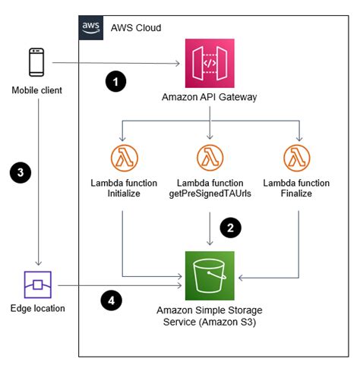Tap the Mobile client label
(37, 91)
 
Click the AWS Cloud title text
(135, 27)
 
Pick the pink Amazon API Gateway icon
(208, 63)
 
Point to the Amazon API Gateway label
(208, 98)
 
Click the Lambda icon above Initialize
(122, 159)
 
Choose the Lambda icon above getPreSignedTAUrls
(208, 159)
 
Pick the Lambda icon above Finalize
(296, 159)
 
